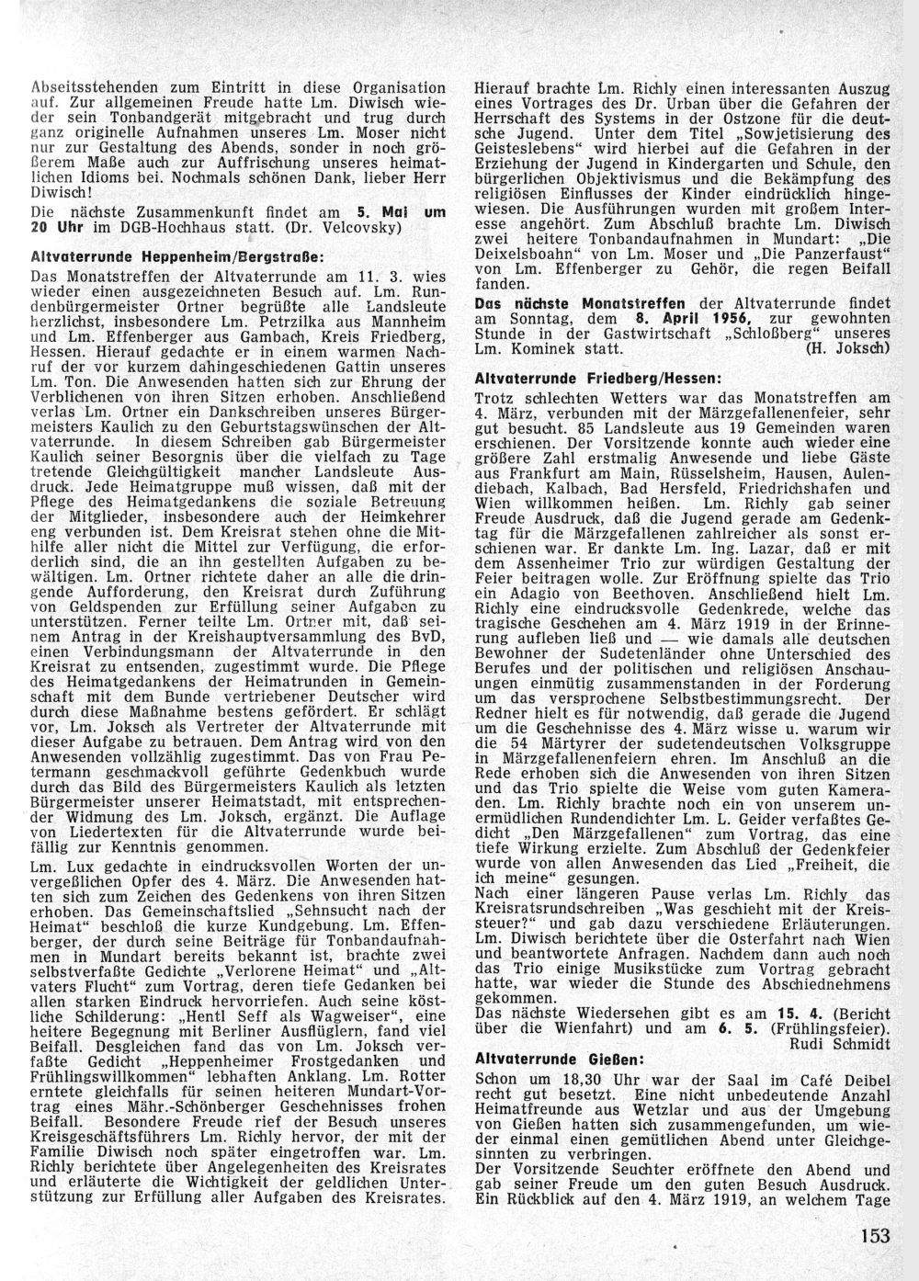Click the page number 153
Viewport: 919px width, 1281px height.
coord(877,1235)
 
